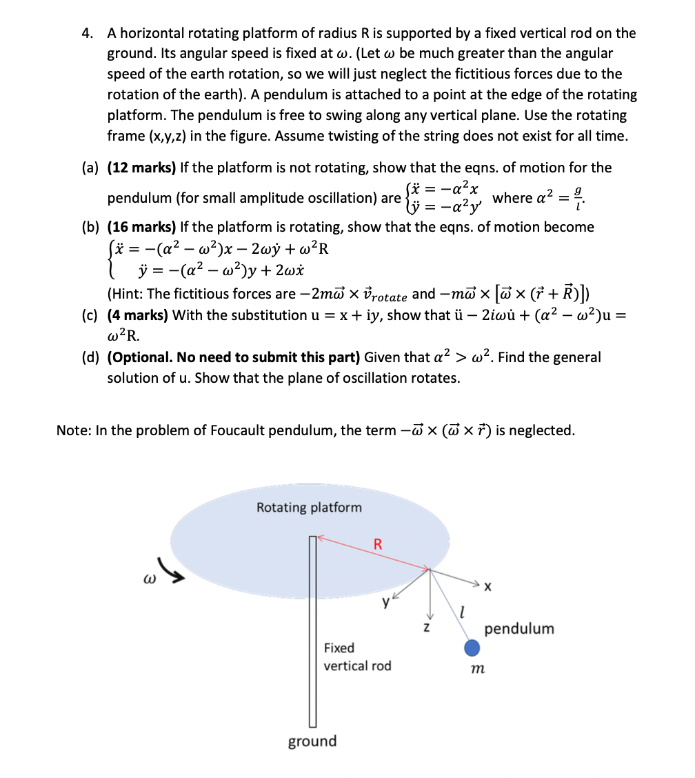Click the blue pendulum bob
pos(472,648)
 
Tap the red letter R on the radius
pos(377,543)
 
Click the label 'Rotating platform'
pos(309,508)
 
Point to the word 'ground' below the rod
pos(312,741)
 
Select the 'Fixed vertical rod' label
pos(357,657)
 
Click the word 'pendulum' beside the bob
pos(519,628)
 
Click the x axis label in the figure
pos(488,588)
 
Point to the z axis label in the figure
pos(427,628)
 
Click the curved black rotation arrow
pos(173,568)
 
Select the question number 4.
pos(88,33)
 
